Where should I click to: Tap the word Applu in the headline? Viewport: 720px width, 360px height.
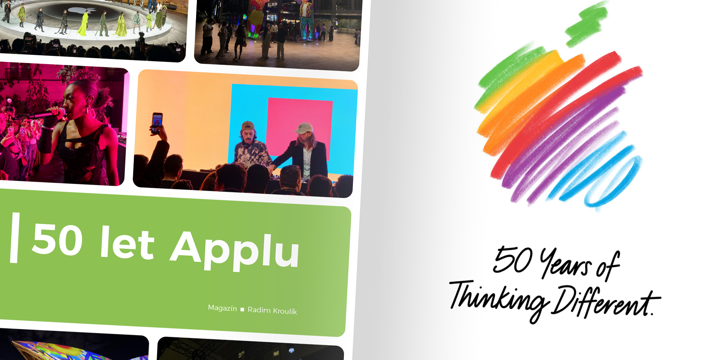pyautogui.click(x=235, y=249)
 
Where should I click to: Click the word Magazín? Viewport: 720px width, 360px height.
pyautogui.click(x=222, y=308)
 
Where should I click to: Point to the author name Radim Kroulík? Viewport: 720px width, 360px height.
pyautogui.click(x=272, y=310)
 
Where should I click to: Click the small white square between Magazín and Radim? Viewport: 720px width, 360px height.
pyautogui.click(x=242, y=309)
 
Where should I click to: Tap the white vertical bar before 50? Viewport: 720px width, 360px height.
pyautogui.click(x=15, y=238)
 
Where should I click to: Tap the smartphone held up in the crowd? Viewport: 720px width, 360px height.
pyautogui.click(x=157, y=123)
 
